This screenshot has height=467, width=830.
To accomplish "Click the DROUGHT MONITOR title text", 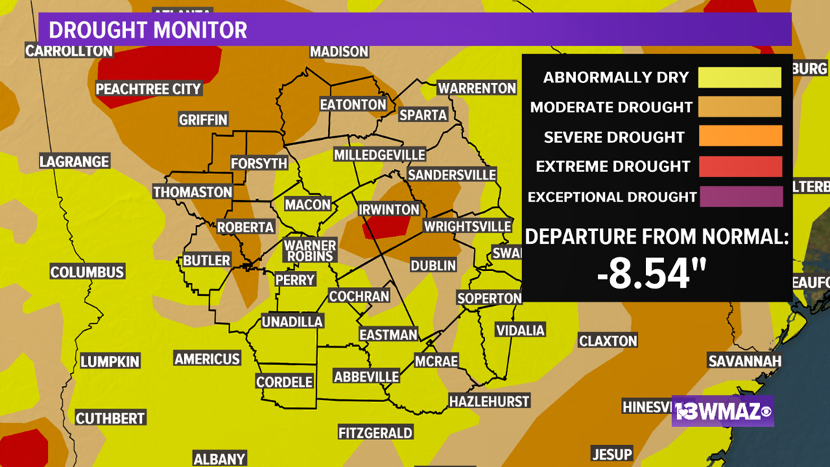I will (x=148, y=30).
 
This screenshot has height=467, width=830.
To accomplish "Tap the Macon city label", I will (x=307, y=205).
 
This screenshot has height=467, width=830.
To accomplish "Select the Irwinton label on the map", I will (x=390, y=209).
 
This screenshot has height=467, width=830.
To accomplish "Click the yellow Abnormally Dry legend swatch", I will (x=740, y=77).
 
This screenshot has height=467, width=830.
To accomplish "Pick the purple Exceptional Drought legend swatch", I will (x=740, y=197).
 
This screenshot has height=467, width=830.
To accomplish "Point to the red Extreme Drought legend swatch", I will (x=740, y=167).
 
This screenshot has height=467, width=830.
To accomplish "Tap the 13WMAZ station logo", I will (x=722, y=412).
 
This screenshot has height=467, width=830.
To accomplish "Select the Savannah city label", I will (x=745, y=361).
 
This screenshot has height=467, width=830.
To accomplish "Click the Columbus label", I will (x=87, y=272).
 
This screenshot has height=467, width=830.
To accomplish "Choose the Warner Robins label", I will (x=309, y=250).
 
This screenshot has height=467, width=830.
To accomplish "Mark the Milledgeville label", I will (x=379, y=154).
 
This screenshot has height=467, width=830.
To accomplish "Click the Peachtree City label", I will (x=149, y=89).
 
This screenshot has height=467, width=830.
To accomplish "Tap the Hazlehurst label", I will (x=489, y=401).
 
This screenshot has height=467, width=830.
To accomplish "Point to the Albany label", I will (x=219, y=458).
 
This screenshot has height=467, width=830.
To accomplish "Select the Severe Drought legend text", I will (x=614, y=137).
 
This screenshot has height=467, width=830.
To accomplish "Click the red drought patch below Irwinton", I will (x=383, y=228).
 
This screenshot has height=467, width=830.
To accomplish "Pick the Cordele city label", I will (x=284, y=381).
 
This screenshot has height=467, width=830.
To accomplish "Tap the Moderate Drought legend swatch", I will (x=740, y=107).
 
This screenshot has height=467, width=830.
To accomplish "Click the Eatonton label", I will (x=353, y=104).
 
